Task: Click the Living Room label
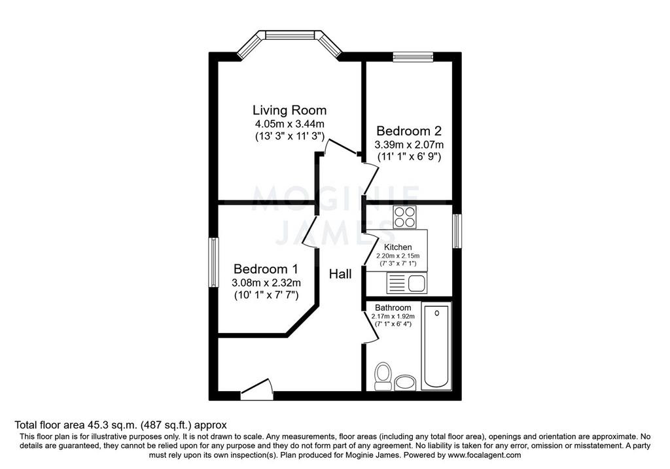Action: point(289,110)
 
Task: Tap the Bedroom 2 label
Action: point(408,131)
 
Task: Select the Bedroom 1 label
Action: point(266,269)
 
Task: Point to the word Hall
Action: point(340,274)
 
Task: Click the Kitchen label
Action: point(398,247)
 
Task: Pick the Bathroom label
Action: point(393,307)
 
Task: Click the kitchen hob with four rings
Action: point(405,217)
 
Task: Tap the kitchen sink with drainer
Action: point(407,283)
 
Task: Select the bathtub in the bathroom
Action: point(436,345)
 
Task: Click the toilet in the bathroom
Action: point(383,377)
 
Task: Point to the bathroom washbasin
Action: point(405,383)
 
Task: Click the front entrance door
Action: point(256,390)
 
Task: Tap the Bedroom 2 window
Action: point(414,57)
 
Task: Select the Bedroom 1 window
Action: point(214,262)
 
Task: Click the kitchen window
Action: point(457,231)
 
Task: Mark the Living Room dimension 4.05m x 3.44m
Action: point(290,124)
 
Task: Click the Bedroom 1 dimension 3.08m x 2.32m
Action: point(266,283)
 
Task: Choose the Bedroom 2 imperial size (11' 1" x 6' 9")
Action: point(409,157)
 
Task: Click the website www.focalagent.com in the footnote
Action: point(484,455)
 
